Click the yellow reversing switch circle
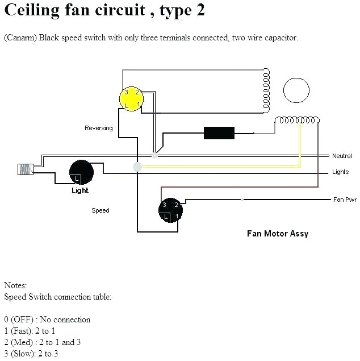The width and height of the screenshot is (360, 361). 132,98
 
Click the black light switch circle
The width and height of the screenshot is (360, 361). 81,172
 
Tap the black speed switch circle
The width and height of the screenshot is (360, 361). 170,210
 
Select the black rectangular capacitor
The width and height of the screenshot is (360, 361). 219,133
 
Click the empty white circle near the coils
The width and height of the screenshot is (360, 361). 298,91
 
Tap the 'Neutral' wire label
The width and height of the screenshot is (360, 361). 342,156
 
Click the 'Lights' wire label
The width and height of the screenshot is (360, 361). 341,172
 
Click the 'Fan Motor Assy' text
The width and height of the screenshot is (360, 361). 278,233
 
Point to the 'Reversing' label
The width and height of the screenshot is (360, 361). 99,128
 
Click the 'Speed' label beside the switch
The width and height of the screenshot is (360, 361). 101,210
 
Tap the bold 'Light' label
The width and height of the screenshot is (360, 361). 80,190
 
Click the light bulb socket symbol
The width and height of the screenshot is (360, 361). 25,169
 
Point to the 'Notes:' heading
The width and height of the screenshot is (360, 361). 15,285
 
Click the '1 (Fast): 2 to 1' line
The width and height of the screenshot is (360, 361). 30,330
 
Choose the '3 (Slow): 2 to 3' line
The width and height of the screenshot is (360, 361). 31,354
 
